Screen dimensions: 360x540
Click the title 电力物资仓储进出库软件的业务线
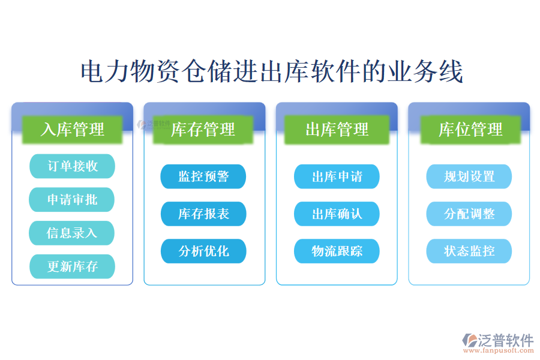[271, 72]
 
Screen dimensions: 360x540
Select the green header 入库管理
[72, 129]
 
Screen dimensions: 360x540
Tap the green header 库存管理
[203, 129]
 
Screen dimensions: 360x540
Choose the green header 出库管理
[337, 129]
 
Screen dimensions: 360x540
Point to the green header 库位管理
[470, 129]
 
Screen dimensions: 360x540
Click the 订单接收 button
[72, 166]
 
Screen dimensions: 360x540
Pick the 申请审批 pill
[72, 200]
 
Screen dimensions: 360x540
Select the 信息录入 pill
[72, 233]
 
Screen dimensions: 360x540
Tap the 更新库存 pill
[72, 266]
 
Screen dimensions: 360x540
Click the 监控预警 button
[203, 176]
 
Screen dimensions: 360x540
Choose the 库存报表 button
[203, 214]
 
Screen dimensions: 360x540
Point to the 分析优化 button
[203, 251]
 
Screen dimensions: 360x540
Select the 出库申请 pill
[337, 176]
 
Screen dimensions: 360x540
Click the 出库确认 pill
[337, 214]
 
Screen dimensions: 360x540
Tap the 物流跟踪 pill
[337, 251]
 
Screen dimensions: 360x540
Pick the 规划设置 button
[469, 176]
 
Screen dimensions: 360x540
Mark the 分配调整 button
[469, 214]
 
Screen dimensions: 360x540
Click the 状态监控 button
[469, 251]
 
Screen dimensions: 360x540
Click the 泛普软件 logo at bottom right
[497, 340]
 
